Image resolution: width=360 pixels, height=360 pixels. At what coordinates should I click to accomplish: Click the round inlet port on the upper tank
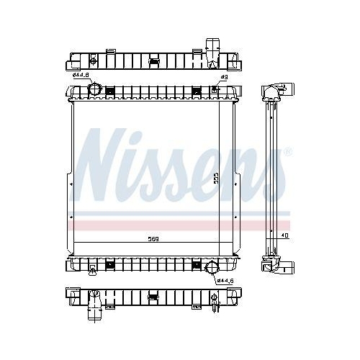click(x=94, y=89)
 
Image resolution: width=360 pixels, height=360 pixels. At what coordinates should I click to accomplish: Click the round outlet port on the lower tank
click(x=212, y=269)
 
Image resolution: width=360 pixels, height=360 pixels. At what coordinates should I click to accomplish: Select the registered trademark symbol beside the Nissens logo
click(x=288, y=152)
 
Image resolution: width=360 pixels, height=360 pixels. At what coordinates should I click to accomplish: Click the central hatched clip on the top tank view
click(x=153, y=60)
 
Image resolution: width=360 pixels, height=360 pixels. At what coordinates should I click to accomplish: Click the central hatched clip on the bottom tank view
click(x=153, y=294)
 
